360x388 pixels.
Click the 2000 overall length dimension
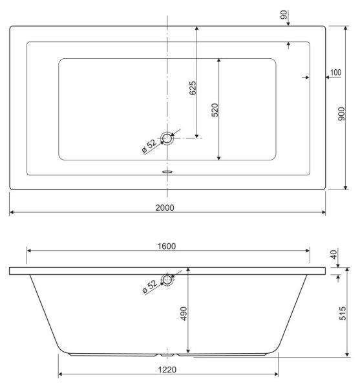(x=166, y=207)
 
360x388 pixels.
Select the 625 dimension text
(x=193, y=89)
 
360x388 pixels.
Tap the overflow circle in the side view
(x=168, y=279)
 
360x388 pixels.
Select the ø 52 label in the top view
(x=149, y=146)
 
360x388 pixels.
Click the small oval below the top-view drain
(x=168, y=173)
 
